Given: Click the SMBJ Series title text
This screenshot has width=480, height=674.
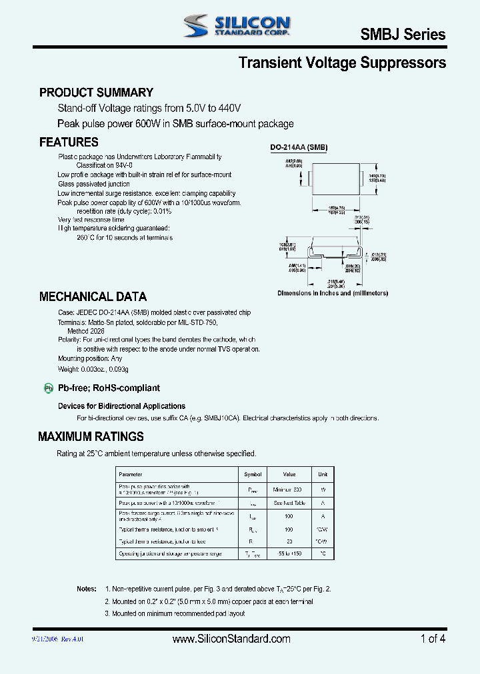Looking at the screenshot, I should tap(403, 35).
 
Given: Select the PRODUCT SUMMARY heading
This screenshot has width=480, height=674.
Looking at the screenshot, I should tap(96, 93).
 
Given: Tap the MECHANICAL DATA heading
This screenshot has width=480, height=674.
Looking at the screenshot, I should tap(93, 296).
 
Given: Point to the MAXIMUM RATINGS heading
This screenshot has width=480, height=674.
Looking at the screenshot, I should tap(91, 437).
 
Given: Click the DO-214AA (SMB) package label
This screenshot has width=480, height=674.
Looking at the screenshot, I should tap(299, 148).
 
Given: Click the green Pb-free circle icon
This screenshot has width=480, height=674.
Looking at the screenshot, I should tap(48, 388).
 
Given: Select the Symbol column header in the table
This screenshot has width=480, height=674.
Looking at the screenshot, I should tap(253, 474).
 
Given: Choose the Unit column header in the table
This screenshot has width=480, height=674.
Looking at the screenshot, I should tap(323, 474).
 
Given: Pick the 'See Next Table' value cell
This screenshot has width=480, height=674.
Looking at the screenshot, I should tap(289, 503).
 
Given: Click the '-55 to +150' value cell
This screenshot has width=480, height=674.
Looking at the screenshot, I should tap(289, 553).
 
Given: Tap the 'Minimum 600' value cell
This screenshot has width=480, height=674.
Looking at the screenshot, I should tap(289, 489).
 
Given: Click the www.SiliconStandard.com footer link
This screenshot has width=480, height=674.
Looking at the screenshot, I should tap(231, 639).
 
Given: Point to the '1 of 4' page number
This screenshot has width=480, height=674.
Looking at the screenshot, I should tap(433, 639).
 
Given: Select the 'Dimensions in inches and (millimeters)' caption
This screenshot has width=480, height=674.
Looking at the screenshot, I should tap(333, 293).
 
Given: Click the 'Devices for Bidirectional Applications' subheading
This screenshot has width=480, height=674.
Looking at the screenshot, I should tap(121, 406).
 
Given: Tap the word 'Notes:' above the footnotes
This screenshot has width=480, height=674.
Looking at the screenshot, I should tap(87, 589).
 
